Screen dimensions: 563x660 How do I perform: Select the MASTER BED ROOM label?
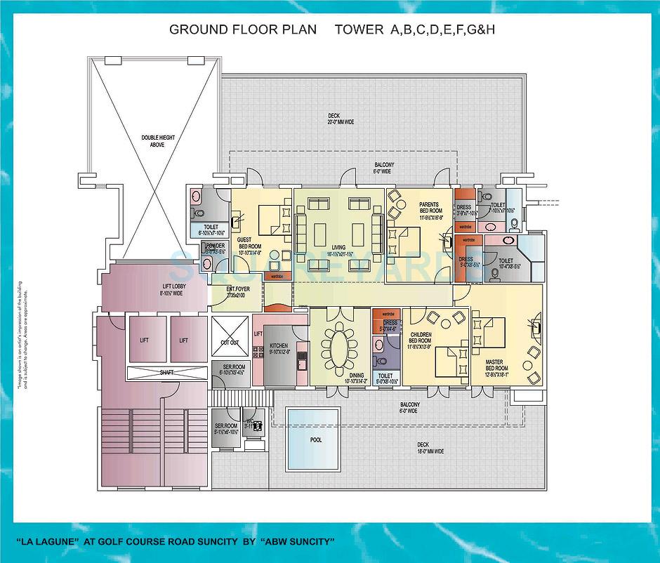point(496,366)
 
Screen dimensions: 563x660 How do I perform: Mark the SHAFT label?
point(166,373)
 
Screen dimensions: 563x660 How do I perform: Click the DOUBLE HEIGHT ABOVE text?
point(152,141)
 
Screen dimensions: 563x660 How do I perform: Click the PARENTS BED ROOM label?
point(430,208)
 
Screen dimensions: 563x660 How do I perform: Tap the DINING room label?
point(357,376)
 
